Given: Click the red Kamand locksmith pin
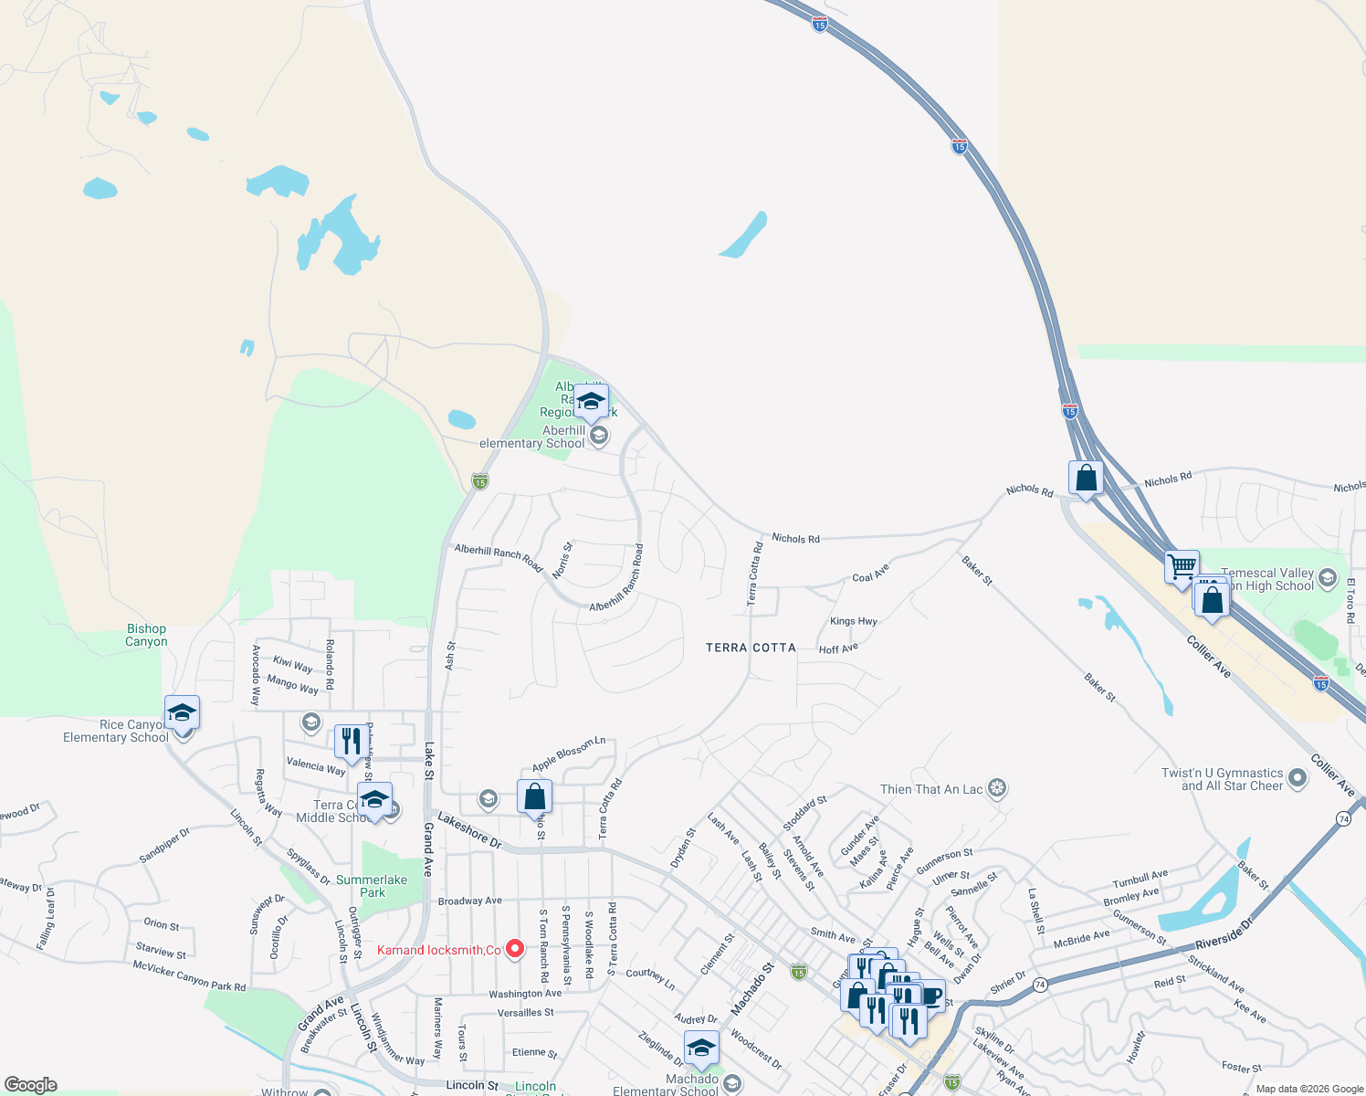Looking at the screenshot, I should [515, 949].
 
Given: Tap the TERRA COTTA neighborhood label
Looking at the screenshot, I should [751, 648].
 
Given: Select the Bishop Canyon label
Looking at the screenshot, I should [146, 635].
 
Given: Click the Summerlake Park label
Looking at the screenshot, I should [372, 886].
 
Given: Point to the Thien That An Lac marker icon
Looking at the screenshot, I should [997, 788].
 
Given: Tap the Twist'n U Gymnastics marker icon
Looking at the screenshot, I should [1298, 779].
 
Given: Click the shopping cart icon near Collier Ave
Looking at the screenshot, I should [1182, 566].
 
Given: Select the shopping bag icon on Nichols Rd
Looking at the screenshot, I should [1086, 478].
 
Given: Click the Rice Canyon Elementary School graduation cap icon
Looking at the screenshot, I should [182, 712].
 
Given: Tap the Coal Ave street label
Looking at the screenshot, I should [870, 574].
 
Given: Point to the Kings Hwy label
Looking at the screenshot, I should [854, 621].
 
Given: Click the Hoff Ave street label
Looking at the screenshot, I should [838, 649].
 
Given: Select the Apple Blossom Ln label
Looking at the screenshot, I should [569, 753].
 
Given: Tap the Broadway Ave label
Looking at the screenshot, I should [470, 901].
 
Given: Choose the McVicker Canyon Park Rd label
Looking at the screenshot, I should [189, 975].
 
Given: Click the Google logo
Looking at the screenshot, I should [30, 1085].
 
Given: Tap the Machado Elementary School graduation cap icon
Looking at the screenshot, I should [701, 1047].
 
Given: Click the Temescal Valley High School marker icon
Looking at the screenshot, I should [1329, 578].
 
